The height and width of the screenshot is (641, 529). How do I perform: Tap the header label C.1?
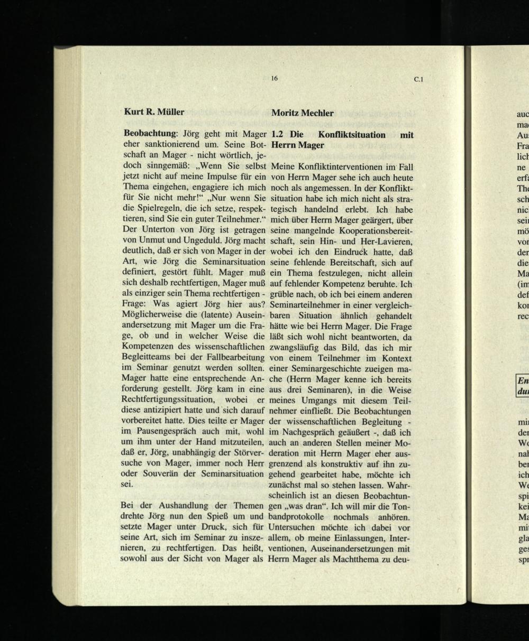point(418,80)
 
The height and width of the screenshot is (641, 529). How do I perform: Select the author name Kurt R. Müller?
point(154,112)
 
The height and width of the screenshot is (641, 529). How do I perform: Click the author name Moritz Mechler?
point(302,113)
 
